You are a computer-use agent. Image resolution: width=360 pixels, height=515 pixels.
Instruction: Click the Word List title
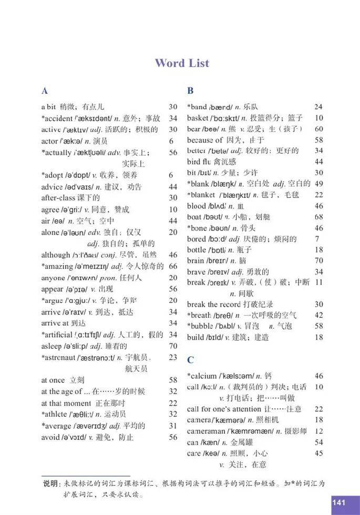click(x=182, y=63)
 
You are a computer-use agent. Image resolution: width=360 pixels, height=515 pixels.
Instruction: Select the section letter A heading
click(x=45, y=90)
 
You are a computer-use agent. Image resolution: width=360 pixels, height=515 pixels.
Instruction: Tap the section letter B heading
click(x=190, y=90)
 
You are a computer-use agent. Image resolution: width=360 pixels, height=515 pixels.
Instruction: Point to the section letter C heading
click(x=190, y=360)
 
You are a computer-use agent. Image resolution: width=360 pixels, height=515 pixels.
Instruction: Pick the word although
click(x=55, y=255)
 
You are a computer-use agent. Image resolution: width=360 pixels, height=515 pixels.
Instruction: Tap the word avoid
click(x=50, y=437)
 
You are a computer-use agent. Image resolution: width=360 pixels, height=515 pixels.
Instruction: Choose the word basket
click(x=198, y=118)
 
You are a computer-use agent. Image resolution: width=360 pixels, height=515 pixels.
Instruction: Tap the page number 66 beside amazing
click(x=173, y=266)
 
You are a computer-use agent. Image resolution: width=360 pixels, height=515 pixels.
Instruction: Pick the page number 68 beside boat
click(x=318, y=217)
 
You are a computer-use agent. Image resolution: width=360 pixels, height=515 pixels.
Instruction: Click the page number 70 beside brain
click(x=318, y=260)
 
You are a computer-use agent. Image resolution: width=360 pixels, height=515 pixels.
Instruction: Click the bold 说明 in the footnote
click(x=51, y=483)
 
